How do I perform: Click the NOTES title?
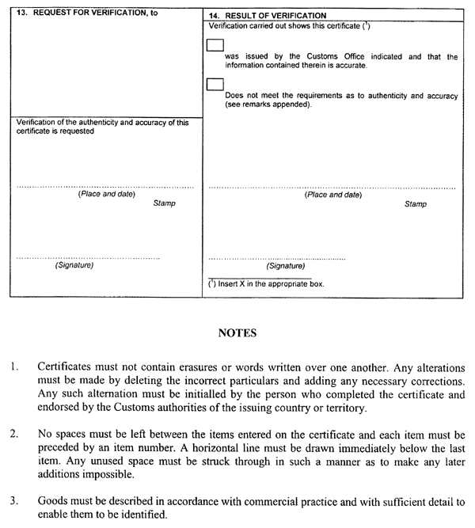click(237, 333)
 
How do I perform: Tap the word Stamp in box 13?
click(164, 203)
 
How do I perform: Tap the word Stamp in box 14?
click(416, 204)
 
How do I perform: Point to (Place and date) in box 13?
click(106, 194)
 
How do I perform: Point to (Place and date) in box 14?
click(333, 195)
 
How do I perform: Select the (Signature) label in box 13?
click(74, 265)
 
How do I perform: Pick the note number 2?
click(14, 435)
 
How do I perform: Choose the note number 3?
click(14, 502)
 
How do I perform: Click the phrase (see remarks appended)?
click(268, 104)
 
